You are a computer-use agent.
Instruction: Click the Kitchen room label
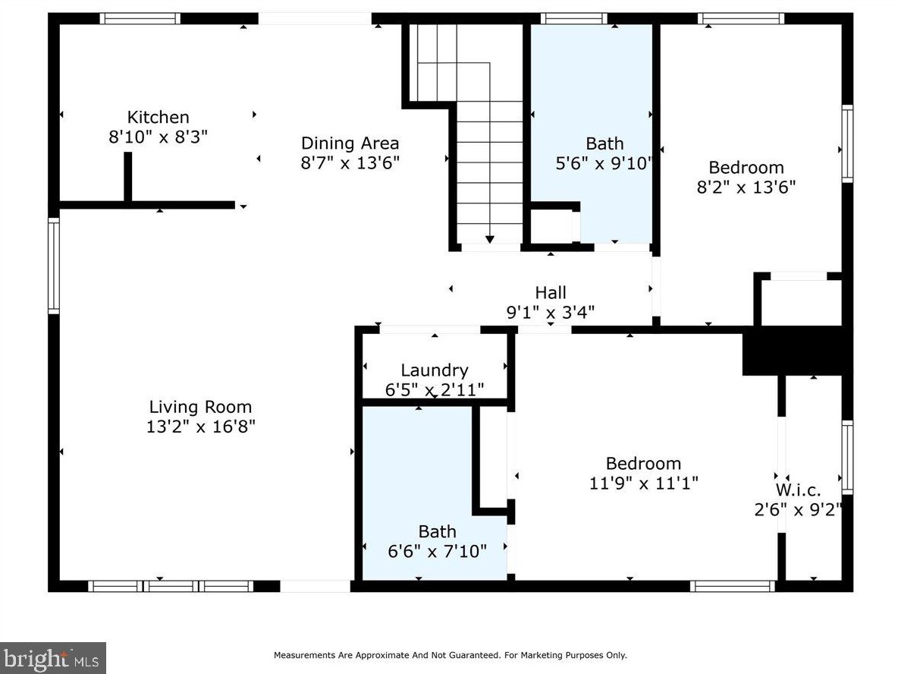click(x=158, y=118)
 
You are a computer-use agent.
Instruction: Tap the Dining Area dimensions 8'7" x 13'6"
click(x=350, y=162)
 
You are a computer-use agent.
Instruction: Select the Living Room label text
click(x=200, y=407)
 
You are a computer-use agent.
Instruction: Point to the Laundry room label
click(x=435, y=371)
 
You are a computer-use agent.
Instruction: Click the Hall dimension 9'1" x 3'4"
click(x=551, y=312)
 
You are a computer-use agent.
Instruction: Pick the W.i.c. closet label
click(x=798, y=490)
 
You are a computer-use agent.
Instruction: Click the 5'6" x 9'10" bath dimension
click(x=604, y=163)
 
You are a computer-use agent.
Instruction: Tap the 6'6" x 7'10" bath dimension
click(x=438, y=552)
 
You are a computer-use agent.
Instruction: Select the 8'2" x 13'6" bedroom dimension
click(x=746, y=187)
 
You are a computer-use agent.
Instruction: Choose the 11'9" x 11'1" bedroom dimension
click(x=644, y=483)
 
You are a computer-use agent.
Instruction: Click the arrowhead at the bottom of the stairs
click(x=490, y=239)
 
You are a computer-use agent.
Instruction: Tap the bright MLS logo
click(x=53, y=658)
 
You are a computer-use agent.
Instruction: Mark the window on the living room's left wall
click(x=53, y=266)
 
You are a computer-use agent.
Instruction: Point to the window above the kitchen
click(x=140, y=18)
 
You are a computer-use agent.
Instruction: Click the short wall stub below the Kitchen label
click(x=128, y=177)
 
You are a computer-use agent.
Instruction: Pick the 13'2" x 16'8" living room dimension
click(x=200, y=427)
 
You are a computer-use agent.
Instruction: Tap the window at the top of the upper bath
click(x=574, y=18)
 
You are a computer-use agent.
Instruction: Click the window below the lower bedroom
click(x=733, y=586)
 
